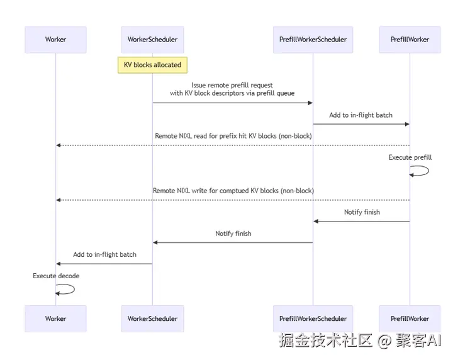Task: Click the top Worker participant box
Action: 55,40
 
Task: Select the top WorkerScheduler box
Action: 152,40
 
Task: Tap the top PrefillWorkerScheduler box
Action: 313,40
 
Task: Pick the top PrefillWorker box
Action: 410,40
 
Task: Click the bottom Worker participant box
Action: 55,318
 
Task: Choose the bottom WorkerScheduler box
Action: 152,318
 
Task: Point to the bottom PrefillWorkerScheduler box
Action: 313,318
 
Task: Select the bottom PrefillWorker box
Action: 410,318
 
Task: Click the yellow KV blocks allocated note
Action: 152,65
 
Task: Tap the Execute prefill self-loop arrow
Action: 428,171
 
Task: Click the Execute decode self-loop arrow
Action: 74,289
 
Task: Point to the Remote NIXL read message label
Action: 233,136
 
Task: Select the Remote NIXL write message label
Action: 233,191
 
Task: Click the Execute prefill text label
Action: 410,157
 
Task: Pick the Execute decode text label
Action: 56,276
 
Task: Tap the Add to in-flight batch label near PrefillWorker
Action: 361,115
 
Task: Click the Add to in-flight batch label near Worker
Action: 104,254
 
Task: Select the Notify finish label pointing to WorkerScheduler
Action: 233,233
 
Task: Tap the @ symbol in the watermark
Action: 384,340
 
